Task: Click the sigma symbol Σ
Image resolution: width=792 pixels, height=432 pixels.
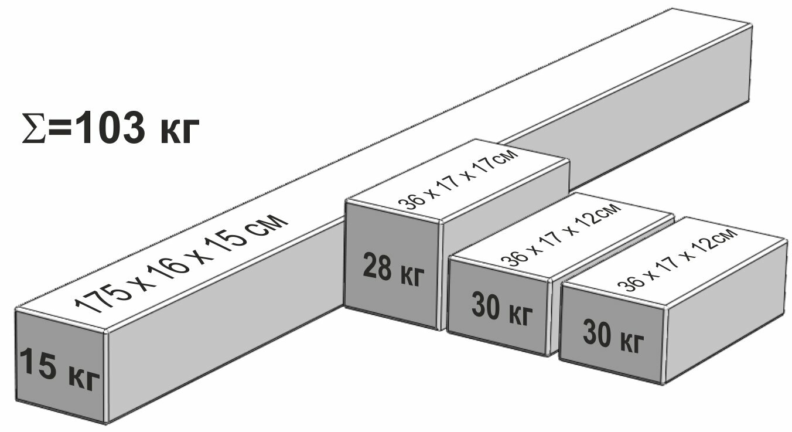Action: click(32, 129)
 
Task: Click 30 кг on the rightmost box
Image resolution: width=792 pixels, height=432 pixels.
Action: click(613, 335)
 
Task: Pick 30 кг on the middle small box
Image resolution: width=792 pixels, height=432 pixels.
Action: click(503, 310)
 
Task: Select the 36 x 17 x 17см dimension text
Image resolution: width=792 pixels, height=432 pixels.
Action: click(458, 180)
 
